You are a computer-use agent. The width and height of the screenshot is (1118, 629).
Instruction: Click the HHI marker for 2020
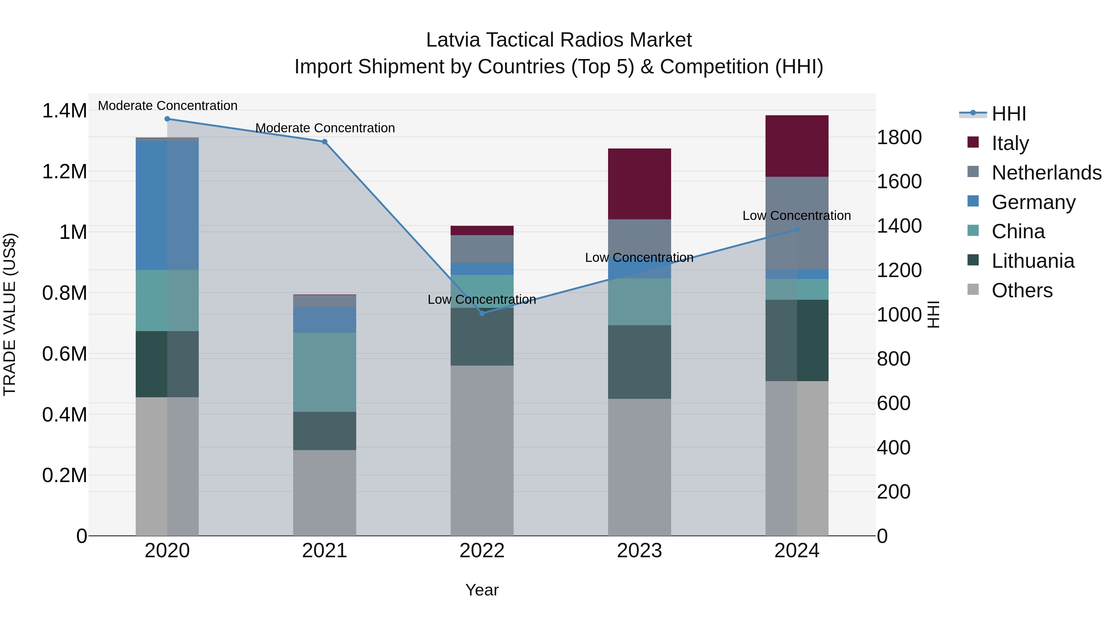[x=167, y=119]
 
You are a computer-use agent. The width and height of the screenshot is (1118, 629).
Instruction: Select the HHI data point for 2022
[x=482, y=313]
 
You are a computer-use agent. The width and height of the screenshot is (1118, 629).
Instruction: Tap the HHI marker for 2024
[x=797, y=230]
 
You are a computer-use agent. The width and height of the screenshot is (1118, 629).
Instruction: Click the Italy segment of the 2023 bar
[x=639, y=184]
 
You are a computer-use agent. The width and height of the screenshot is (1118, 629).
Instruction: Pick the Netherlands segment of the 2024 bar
[x=797, y=223]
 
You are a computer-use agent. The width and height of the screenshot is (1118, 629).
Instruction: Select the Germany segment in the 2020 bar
[x=167, y=205]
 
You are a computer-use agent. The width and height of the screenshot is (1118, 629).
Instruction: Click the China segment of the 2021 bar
[x=325, y=372]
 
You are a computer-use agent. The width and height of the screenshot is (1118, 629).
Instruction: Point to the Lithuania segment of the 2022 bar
[x=482, y=337]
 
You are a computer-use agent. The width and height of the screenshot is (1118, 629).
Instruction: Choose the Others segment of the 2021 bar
[x=325, y=493]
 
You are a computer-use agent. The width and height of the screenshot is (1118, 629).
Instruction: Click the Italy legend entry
[x=1010, y=143]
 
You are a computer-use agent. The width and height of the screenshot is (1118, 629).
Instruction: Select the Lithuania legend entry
[x=1033, y=261]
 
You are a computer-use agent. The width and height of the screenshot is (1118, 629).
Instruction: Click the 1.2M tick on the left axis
[x=64, y=171]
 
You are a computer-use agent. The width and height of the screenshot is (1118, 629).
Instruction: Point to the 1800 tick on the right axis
[x=899, y=137]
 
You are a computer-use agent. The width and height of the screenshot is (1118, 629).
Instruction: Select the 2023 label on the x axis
[x=639, y=551]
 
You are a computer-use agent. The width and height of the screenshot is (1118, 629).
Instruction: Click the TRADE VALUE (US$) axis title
[x=10, y=314]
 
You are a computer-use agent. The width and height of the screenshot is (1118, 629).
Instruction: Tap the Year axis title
[x=482, y=590]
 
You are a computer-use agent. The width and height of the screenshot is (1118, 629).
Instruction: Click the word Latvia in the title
[x=453, y=40]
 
